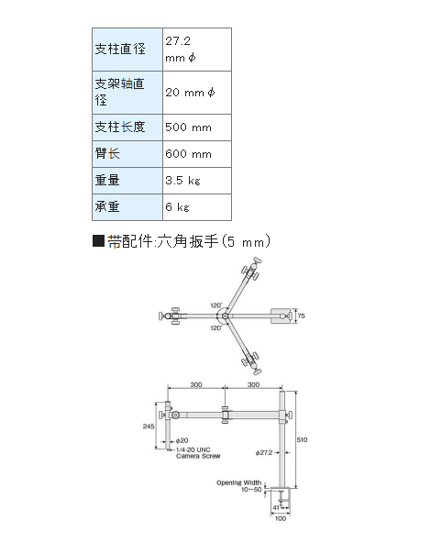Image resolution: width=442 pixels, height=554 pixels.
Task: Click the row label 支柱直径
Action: (x=120, y=49)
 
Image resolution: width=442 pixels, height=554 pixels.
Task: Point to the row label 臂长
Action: (x=107, y=154)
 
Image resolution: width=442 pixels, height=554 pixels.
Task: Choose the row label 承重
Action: (x=107, y=206)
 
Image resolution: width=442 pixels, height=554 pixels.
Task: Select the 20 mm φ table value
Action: (x=190, y=93)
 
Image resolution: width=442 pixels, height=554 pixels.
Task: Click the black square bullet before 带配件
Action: (x=98, y=241)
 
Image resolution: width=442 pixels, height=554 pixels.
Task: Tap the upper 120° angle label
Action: (x=215, y=305)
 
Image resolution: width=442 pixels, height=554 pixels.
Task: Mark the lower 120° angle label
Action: (x=215, y=327)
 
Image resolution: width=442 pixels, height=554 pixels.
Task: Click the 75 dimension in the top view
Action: (x=301, y=316)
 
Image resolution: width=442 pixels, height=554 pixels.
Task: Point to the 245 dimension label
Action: (x=149, y=427)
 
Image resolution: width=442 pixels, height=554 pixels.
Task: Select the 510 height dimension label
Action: (x=302, y=440)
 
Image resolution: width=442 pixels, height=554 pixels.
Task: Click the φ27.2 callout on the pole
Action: (x=264, y=452)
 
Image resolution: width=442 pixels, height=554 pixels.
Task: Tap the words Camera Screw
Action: (x=198, y=456)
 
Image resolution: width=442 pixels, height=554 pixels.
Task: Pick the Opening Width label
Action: (x=239, y=482)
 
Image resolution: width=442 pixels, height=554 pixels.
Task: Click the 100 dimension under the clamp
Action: (x=281, y=518)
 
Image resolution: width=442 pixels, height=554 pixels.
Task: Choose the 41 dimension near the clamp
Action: (x=276, y=507)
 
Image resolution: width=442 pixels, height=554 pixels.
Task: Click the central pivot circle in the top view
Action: (x=225, y=316)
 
